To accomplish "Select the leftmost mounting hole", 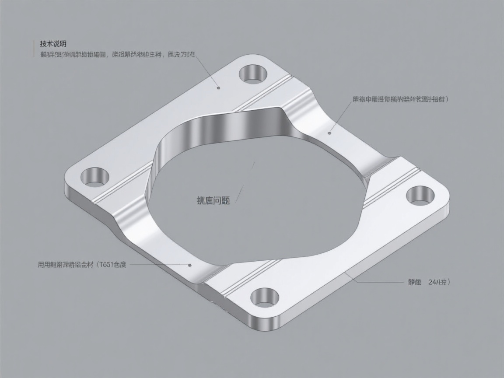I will (94, 177).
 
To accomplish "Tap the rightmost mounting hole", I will (420, 195).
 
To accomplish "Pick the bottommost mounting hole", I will (265, 297).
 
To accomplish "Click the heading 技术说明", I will (53, 44).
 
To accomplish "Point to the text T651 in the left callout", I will (105, 265).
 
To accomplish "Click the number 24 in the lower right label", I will (434, 282).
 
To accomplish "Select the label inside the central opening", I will (213, 201).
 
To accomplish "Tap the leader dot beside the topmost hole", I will (219, 87).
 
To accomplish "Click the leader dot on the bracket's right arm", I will (329, 133).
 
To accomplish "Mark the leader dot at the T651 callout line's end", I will (190, 265).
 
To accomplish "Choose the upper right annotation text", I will (400, 99).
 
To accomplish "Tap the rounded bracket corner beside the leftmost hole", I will (72, 175).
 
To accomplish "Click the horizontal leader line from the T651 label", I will (157, 265).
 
